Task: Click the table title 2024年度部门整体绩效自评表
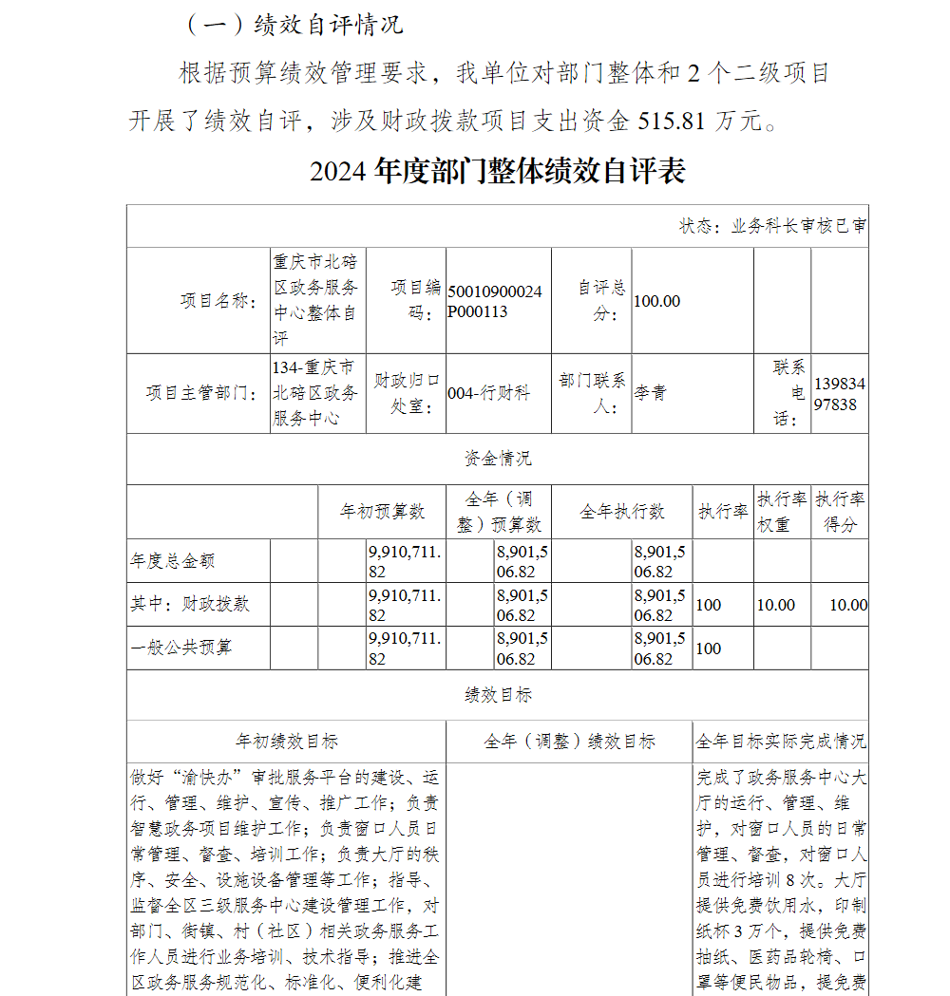(497, 172)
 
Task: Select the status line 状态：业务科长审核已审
(771, 226)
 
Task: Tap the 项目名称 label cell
(219, 301)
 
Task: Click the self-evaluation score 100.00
(657, 301)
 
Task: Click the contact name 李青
(651, 393)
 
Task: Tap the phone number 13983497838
(839, 393)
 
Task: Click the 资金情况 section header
(497, 460)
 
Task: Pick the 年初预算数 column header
(382, 512)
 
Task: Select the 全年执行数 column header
(622, 512)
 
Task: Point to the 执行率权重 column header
(782, 512)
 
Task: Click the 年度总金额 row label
(173, 561)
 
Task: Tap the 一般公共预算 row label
(180, 648)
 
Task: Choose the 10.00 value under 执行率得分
(847, 605)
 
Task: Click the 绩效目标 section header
(497, 695)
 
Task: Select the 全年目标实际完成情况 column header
(780, 742)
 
